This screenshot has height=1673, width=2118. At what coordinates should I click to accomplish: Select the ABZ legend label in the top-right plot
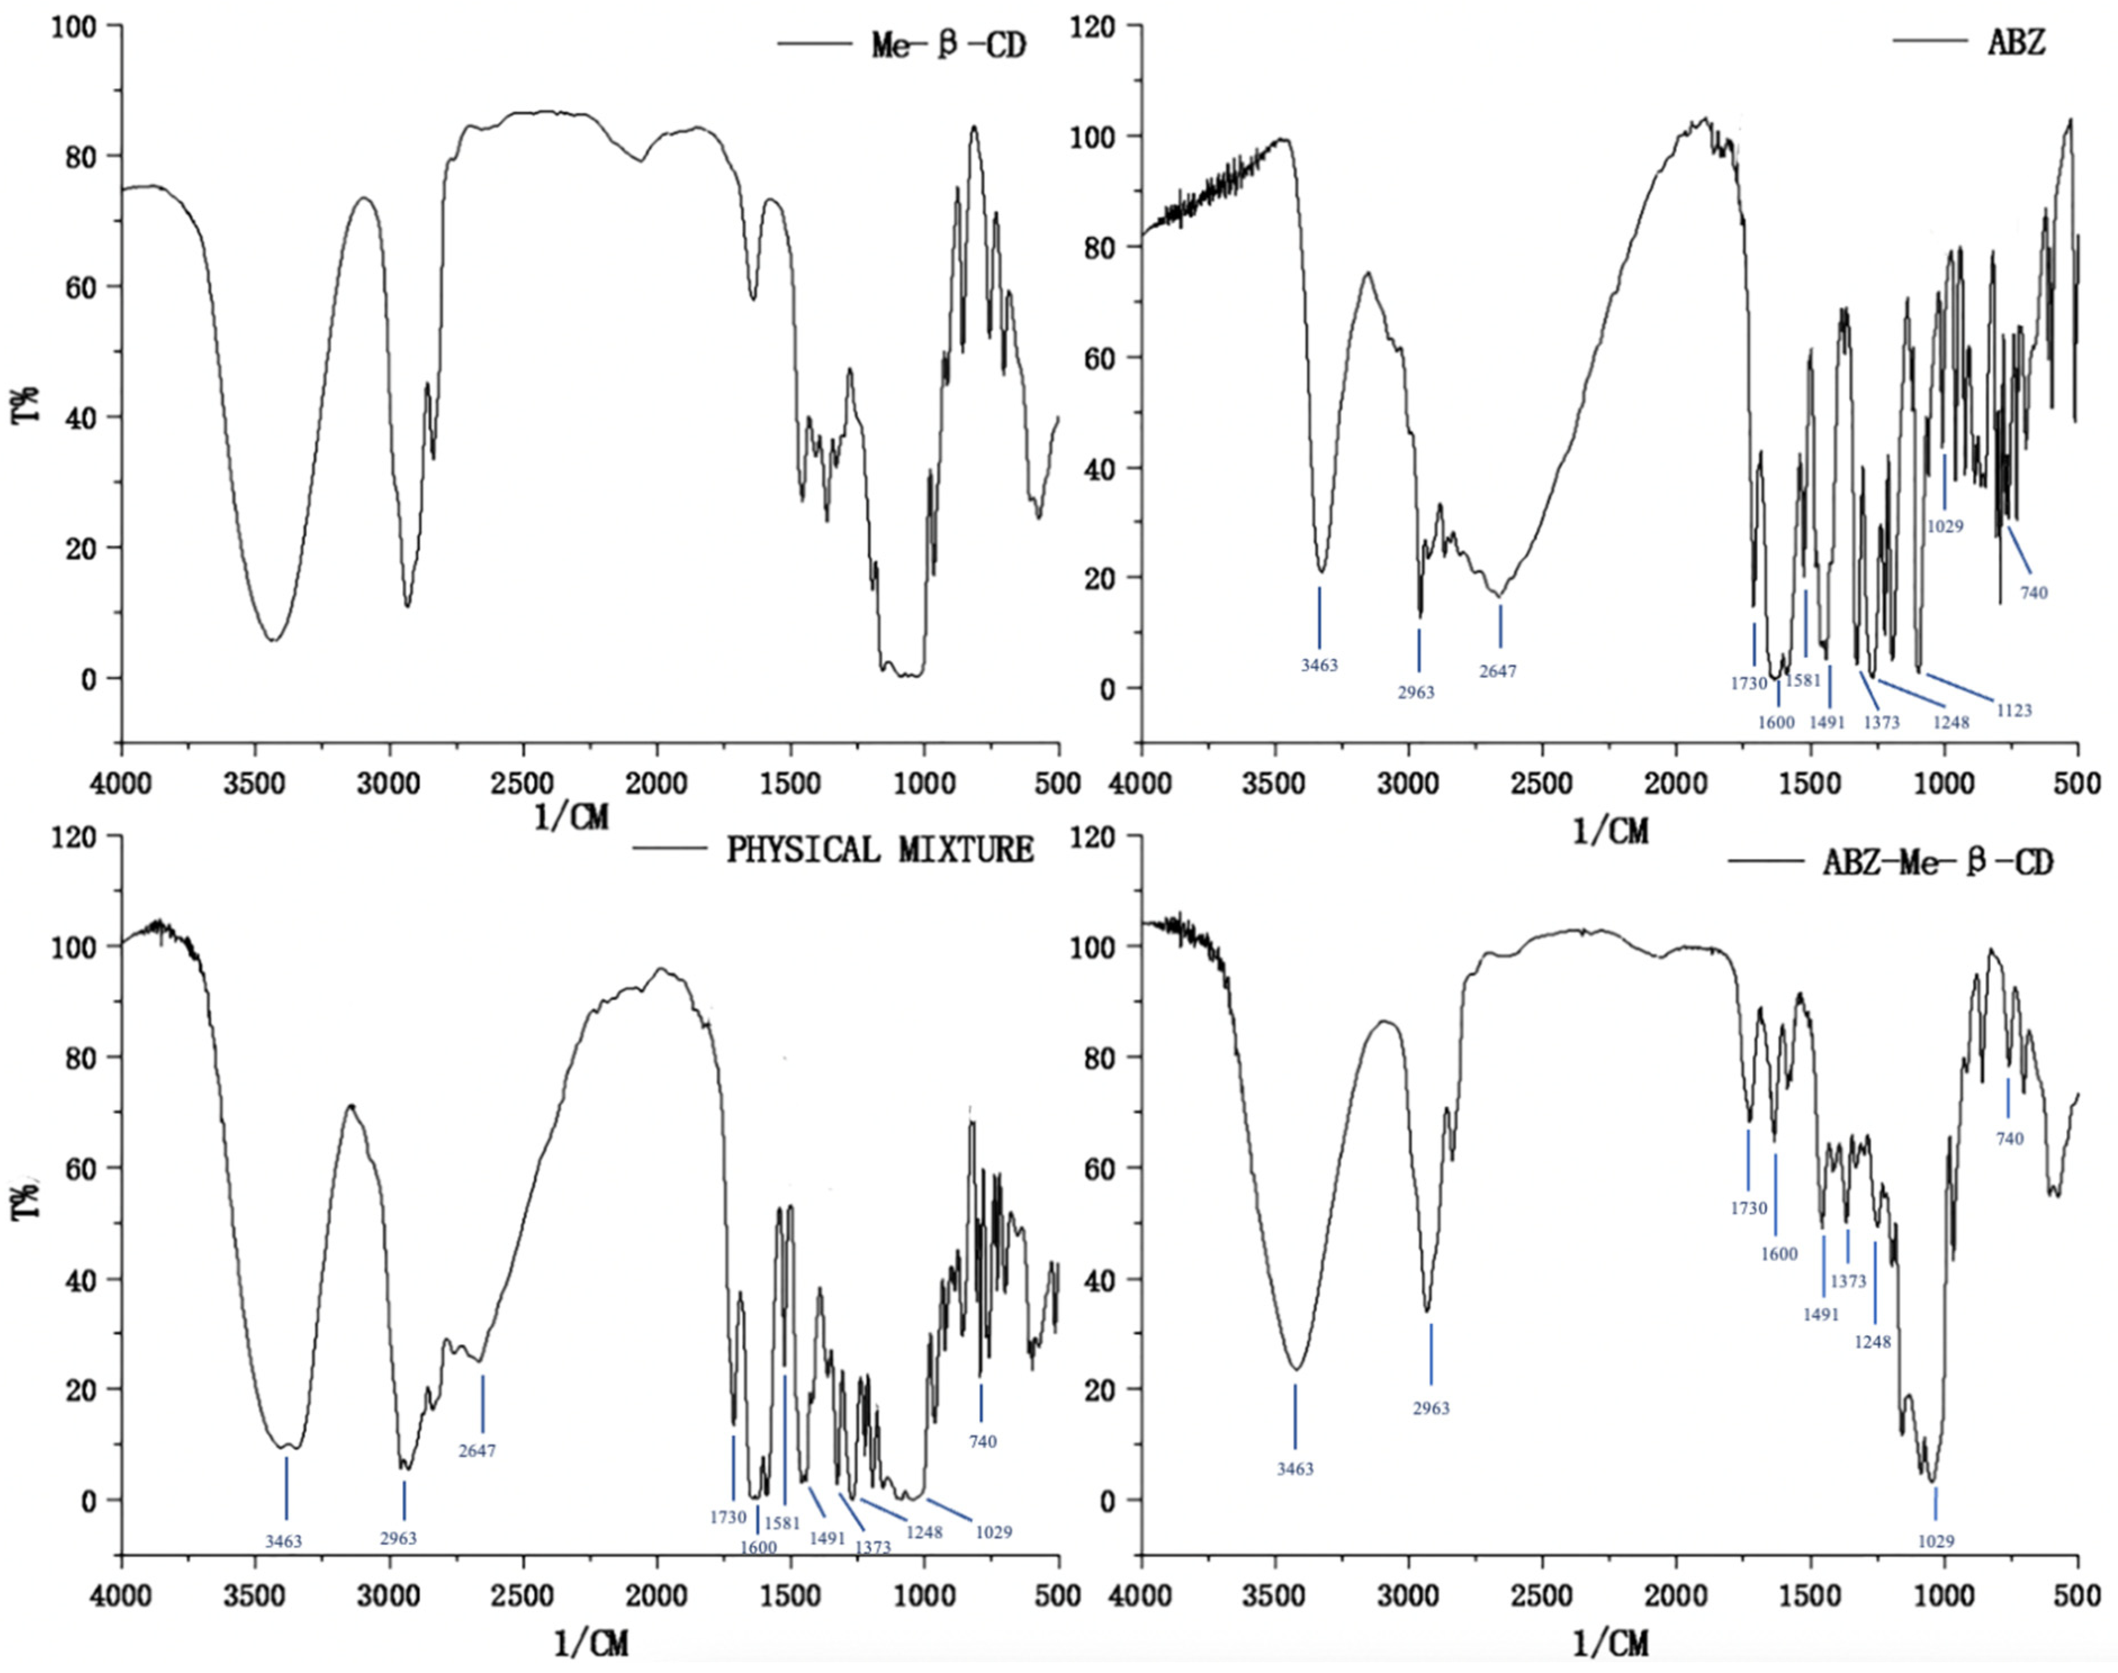tap(2017, 42)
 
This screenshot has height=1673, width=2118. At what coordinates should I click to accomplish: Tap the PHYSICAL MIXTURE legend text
tap(878, 850)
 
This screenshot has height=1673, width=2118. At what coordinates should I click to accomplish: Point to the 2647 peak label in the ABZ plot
tap(1497, 672)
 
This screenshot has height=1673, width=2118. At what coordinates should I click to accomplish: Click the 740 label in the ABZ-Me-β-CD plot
tap(2010, 1139)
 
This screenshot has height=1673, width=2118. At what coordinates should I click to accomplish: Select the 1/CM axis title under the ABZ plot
tap(1610, 831)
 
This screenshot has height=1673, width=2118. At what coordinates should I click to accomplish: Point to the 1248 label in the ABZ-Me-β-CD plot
tap(1872, 1342)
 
